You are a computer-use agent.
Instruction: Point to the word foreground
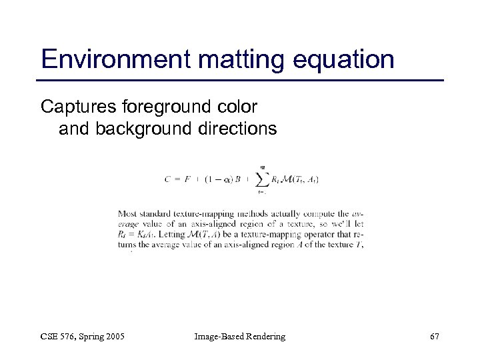(x=170, y=106)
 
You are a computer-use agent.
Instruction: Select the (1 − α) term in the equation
(x=214, y=179)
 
